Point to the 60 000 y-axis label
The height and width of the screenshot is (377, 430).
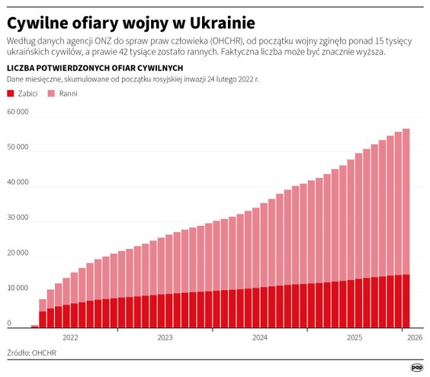click(x=18, y=112)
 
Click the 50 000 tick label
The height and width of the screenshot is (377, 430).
click(x=18, y=147)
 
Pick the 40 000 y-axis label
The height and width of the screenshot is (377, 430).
click(x=18, y=182)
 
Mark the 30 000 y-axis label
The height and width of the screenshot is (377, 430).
click(x=18, y=217)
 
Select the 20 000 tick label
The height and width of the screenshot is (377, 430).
click(x=18, y=253)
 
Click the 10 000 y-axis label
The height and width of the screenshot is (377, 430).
click(x=18, y=288)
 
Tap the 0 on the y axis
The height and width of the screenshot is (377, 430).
click(x=10, y=323)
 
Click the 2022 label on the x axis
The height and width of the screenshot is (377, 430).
click(x=70, y=336)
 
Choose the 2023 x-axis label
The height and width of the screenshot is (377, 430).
click(x=165, y=336)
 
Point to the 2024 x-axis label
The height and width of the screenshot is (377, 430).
click(x=259, y=336)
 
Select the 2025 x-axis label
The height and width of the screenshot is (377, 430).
click(x=354, y=336)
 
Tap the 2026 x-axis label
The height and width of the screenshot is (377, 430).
click(x=416, y=336)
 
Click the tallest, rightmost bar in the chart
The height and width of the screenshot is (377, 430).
click(x=406, y=229)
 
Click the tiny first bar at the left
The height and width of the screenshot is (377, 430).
click(x=34, y=326)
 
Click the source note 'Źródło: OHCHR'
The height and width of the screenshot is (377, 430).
click(x=31, y=353)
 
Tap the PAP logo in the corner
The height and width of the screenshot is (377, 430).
click(x=417, y=366)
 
